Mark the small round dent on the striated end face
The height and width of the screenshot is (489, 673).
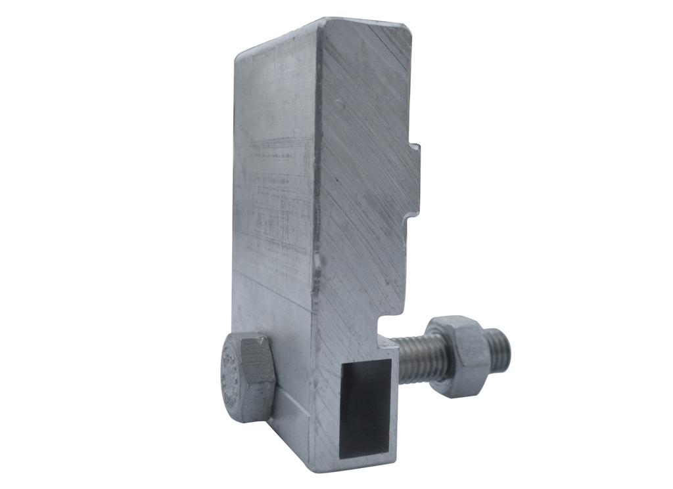338,103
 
